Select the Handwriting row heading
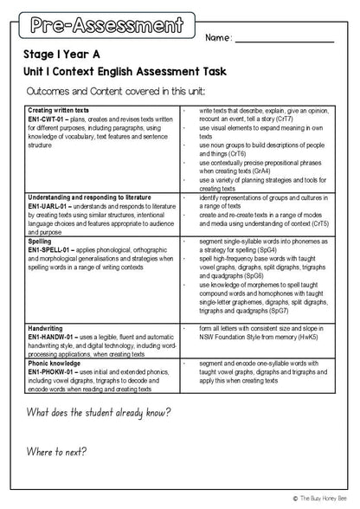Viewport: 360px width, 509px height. (47, 329)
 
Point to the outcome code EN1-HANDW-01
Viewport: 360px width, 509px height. (53, 338)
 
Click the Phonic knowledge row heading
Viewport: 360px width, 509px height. (56, 364)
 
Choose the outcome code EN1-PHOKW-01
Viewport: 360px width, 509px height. (52, 373)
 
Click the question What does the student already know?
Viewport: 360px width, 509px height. (99, 412)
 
